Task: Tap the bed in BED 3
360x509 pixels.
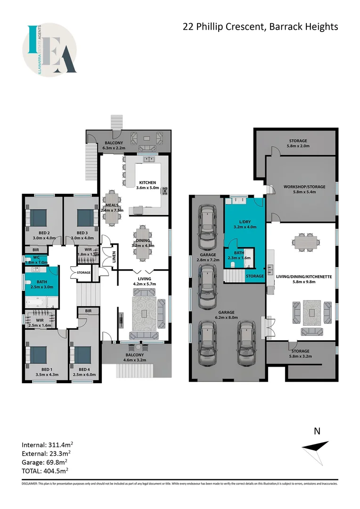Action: (85, 217)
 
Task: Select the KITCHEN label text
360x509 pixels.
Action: (148, 183)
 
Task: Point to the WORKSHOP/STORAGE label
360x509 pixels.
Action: (304, 187)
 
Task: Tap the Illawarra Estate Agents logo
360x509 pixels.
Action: (50, 50)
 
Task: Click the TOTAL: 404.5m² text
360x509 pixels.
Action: (44, 470)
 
